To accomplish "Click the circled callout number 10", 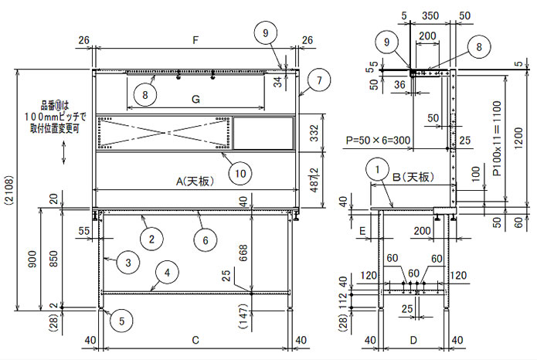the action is [x=240, y=173].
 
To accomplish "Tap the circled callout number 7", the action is [x=319, y=80].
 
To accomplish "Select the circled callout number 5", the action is [x=121, y=321].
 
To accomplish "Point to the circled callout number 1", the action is [x=377, y=169].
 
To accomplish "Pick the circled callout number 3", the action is [x=128, y=263].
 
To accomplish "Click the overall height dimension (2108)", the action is [x=9, y=191].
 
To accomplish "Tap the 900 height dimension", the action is [x=32, y=260].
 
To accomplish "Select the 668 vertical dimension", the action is [x=243, y=253].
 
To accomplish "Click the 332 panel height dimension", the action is [x=314, y=133].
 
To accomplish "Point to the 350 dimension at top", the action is [x=430, y=15].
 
